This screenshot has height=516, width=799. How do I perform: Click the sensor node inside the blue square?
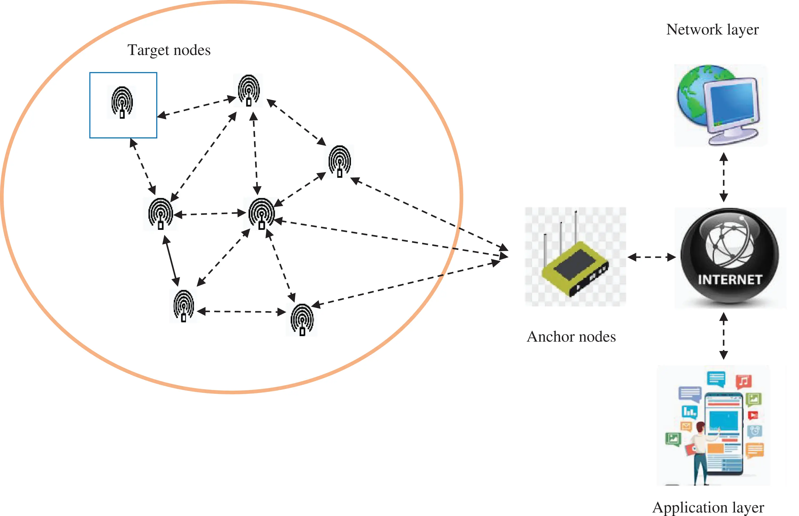122,102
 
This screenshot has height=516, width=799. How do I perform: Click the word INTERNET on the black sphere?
730,280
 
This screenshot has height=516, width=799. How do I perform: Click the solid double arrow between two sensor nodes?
171,261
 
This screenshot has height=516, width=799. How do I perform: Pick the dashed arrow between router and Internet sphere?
651,257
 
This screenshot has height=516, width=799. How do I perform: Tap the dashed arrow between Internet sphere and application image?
724,336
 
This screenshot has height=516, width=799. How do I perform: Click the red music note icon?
743,381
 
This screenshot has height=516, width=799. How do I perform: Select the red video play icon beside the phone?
753,416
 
